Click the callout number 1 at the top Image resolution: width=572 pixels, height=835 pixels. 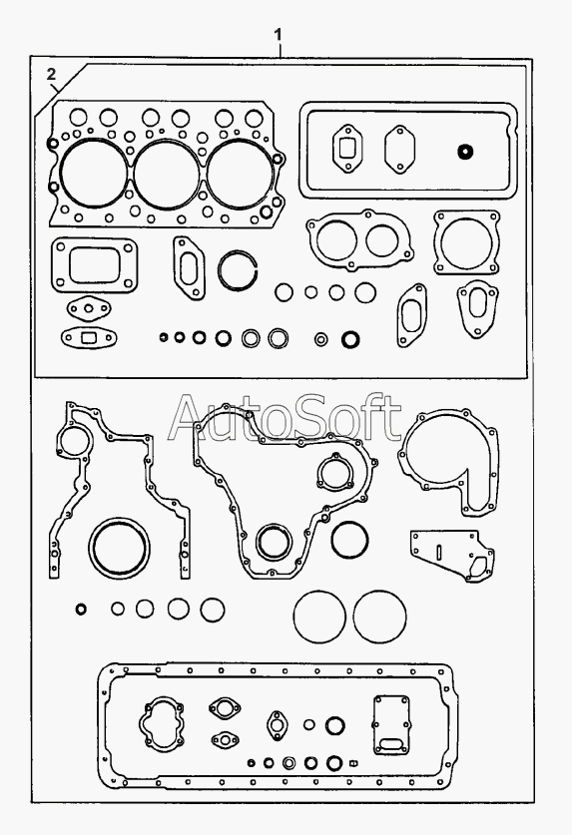click(x=279, y=35)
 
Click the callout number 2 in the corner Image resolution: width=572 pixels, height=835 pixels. click(x=51, y=74)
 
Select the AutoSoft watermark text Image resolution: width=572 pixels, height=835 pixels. click(x=285, y=418)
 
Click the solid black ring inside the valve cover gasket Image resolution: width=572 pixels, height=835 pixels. click(x=465, y=152)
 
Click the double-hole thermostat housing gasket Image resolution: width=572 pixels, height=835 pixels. click(x=359, y=240)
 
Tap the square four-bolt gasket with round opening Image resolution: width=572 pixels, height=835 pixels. click(x=466, y=242)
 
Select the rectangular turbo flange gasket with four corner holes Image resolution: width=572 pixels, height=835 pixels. click(x=94, y=264)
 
